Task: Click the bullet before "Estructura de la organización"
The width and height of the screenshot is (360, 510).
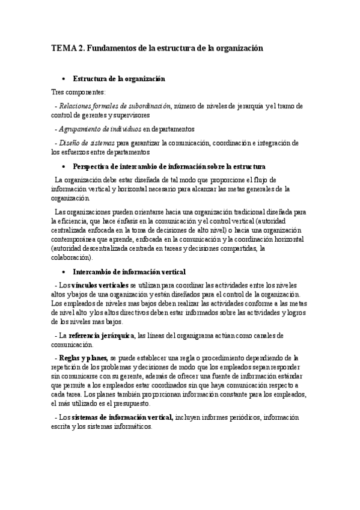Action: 64,79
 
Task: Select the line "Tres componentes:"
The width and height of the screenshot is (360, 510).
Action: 78,92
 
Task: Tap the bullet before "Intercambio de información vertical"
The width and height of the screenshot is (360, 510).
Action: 64,271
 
